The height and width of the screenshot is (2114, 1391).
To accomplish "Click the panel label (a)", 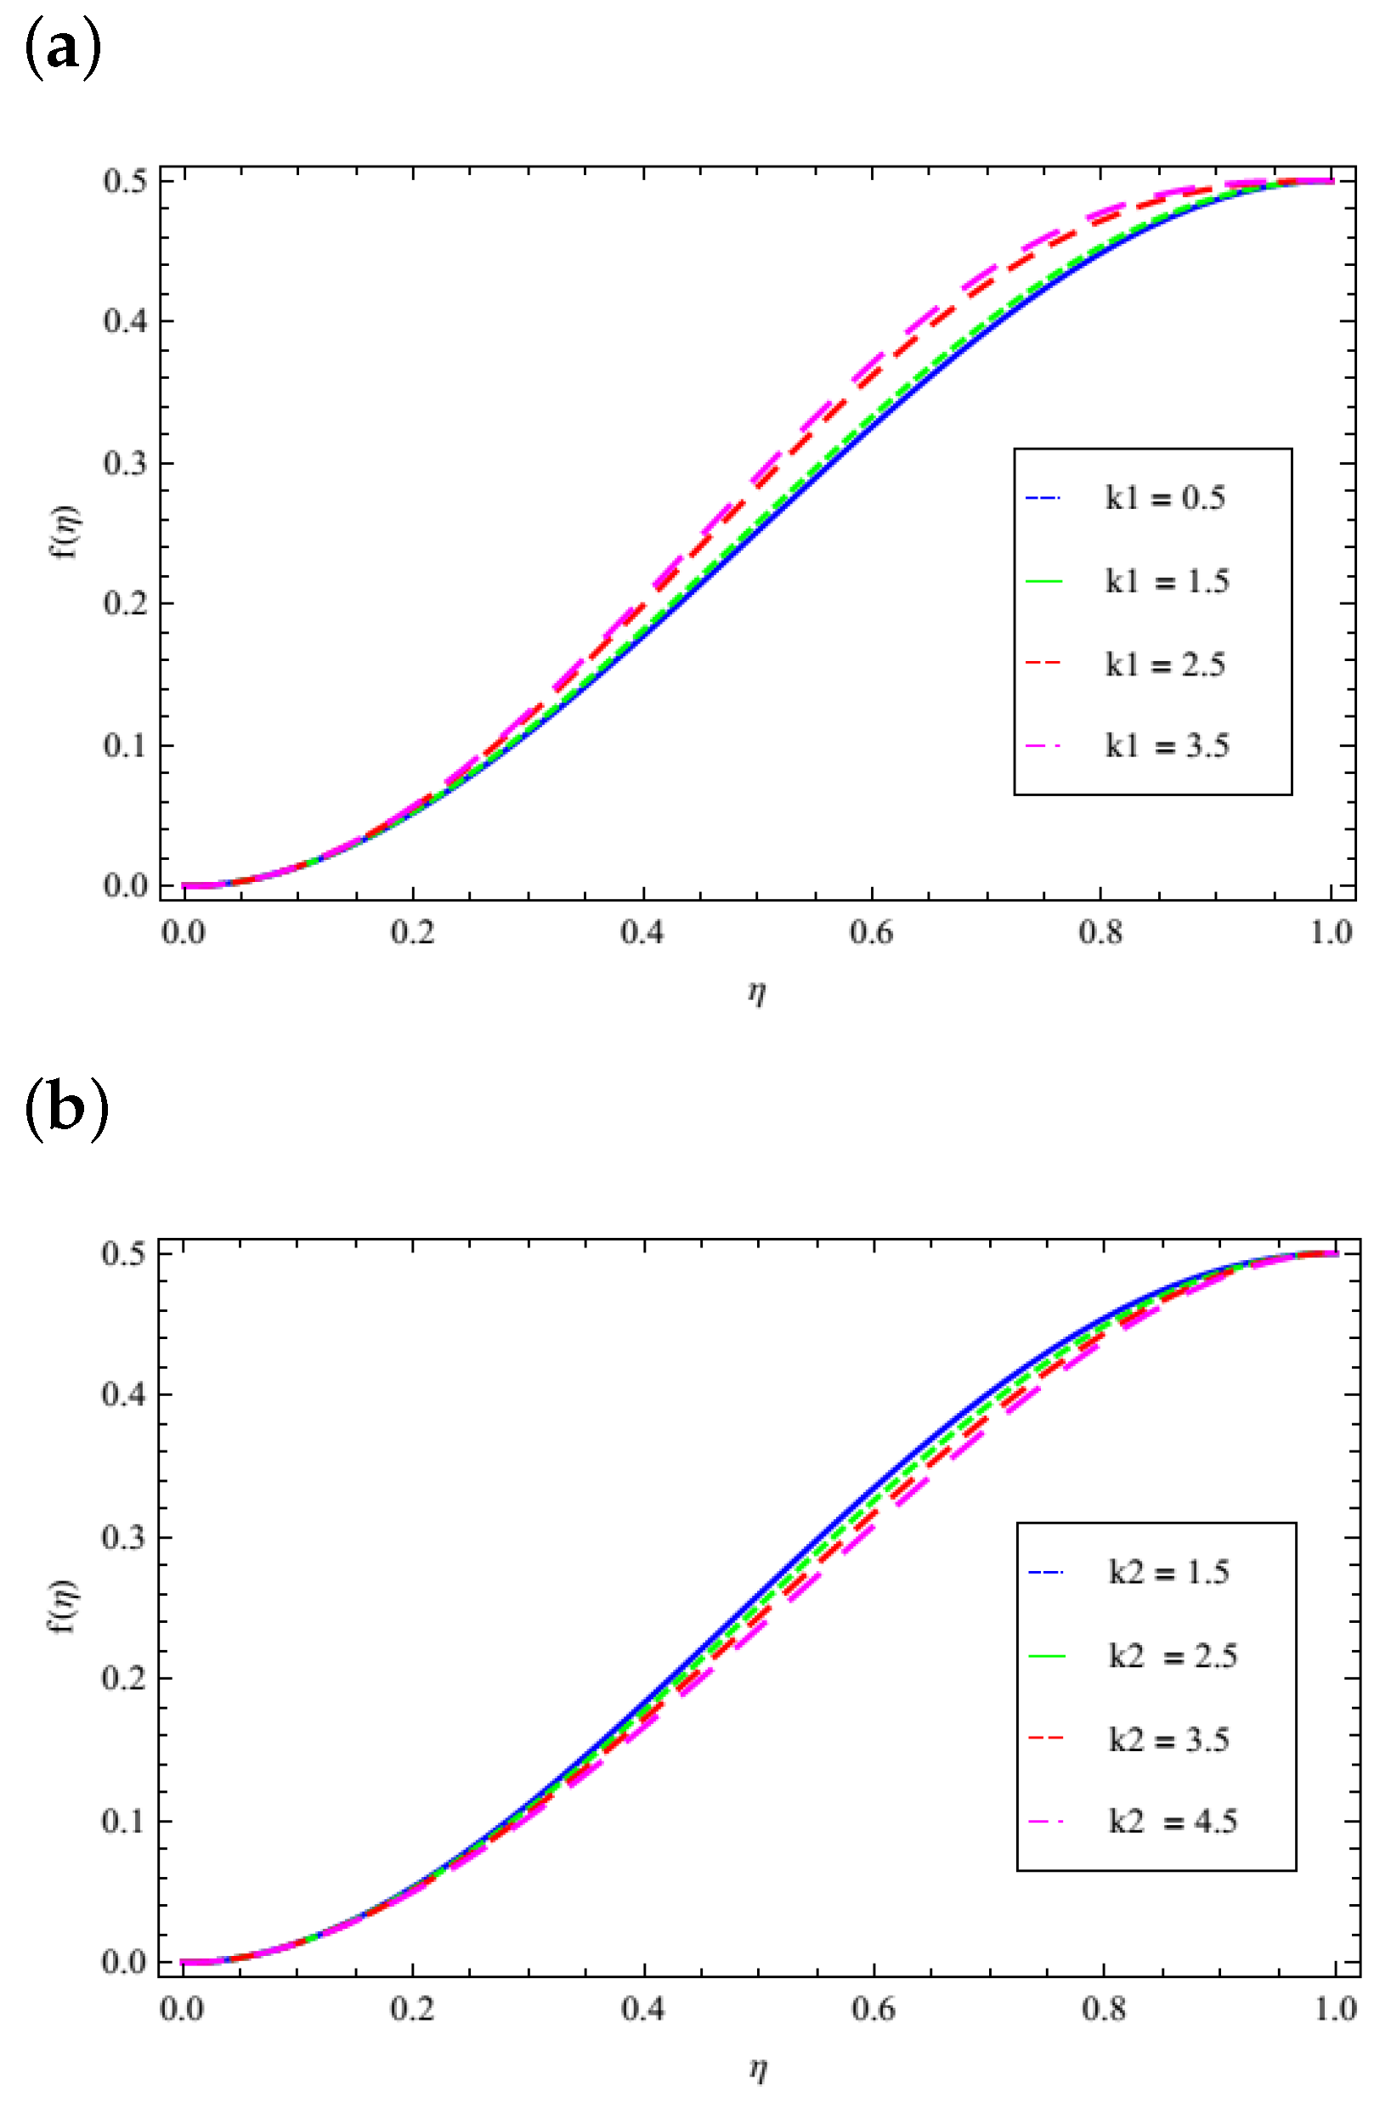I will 61,51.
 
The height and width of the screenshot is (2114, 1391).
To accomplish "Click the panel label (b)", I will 65,1110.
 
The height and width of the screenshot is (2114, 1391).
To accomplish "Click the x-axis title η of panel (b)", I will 758,2070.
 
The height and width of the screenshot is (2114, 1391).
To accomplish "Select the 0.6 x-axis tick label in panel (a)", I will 871,933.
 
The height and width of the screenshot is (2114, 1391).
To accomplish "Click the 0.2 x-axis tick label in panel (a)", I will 412,933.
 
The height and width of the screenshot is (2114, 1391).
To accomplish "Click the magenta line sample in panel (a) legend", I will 1043,746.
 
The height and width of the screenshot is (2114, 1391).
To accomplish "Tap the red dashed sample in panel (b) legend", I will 1046,1739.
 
